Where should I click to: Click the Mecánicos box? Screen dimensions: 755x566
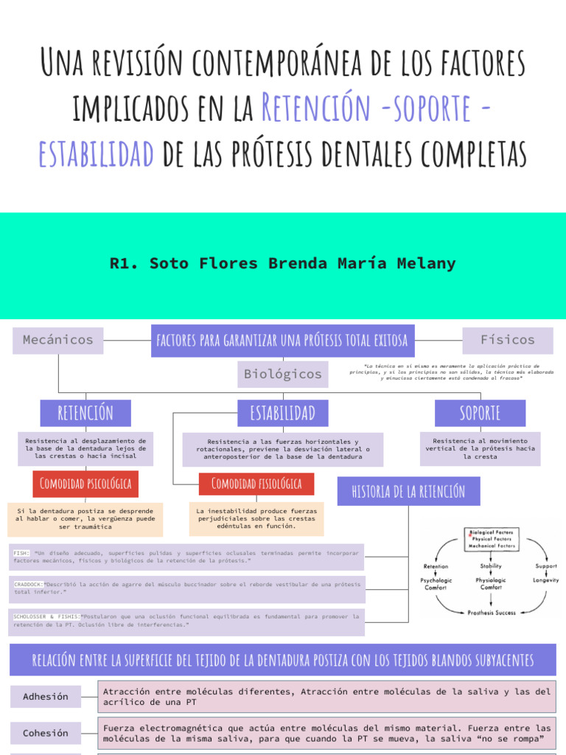tap(58, 340)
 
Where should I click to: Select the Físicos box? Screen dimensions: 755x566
tap(508, 340)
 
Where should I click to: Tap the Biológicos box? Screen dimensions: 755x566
tap(283, 375)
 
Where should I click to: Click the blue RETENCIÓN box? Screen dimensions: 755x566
tap(85, 412)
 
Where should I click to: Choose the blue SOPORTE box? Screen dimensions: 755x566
tap(480, 412)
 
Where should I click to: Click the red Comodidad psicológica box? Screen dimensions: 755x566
tap(85, 484)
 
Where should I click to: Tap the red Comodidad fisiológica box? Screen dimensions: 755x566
tap(256, 484)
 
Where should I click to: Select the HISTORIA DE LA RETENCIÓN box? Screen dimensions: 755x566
tap(408, 491)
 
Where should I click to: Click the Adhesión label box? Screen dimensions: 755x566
tap(46, 696)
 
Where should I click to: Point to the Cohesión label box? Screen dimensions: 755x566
tap(46, 733)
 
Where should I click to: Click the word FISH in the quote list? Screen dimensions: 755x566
tap(21, 552)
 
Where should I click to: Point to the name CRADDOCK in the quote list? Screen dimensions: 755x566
tap(28, 584)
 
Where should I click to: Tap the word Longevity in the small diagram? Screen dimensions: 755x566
tap(546, 580)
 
